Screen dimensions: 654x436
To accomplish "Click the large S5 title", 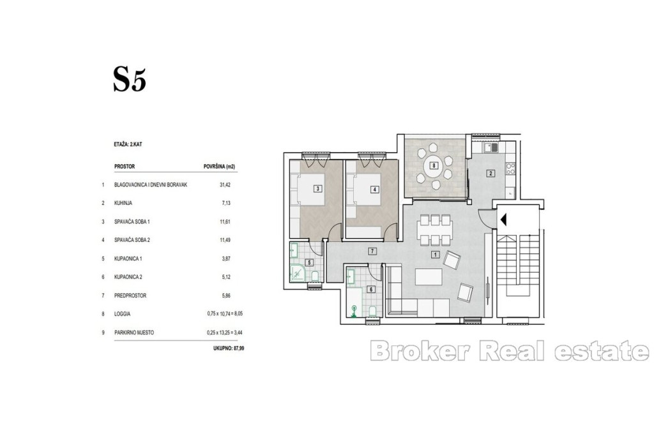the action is coord(130,80).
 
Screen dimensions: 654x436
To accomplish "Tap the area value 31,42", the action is coord(225,184).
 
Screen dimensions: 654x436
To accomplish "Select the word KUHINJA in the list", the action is coord(123,203).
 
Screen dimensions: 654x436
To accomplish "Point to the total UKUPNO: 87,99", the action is coord(229,348).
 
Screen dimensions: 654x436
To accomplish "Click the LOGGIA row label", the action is coord(122,314).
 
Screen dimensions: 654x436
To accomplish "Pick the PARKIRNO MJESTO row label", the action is coord(134,333).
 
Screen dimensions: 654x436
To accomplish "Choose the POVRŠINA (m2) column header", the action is coord(220,167).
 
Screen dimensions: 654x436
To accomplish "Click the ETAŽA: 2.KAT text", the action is coord(128,144).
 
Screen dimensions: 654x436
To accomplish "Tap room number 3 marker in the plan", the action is coord(318,189).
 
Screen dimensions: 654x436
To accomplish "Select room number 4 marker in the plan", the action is coord(375,189).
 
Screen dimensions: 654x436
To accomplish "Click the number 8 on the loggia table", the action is coord(434,165).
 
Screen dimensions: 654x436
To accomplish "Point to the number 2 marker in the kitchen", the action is coord(491,174).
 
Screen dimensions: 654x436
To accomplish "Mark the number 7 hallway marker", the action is coord(372,251).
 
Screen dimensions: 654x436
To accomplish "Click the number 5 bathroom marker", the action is coord(309,262).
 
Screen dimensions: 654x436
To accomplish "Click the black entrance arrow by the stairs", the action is coord(503,219).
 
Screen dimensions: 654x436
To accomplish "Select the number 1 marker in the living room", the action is coord(435,254).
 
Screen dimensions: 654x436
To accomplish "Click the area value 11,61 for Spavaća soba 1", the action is coord(225,222).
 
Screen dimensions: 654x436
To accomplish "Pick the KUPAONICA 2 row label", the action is coord(128,277).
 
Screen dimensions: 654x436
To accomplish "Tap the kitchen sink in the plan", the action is coord(491,147).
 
